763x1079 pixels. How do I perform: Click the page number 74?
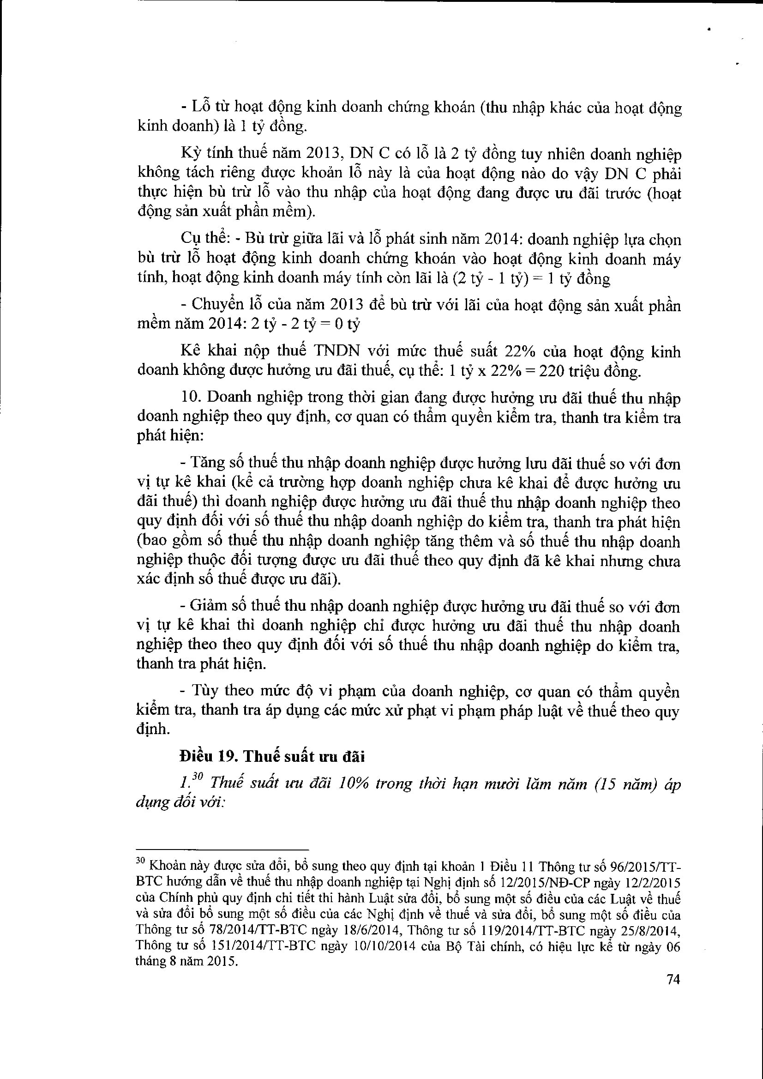(673, 979)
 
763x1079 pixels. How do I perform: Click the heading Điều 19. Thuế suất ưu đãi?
(272, 757)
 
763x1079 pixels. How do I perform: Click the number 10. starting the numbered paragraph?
(192, 398)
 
